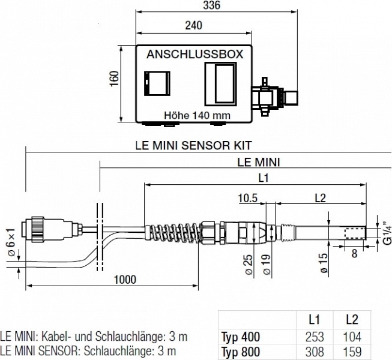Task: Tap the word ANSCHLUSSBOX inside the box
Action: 194,55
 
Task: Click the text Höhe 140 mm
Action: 197,115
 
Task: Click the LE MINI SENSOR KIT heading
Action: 193,145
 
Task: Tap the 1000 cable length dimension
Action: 124,280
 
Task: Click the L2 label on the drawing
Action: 319,198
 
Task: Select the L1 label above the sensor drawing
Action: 262,178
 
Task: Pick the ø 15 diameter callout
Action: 324,262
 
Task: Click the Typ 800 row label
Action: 240,352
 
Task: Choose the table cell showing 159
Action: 352,352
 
